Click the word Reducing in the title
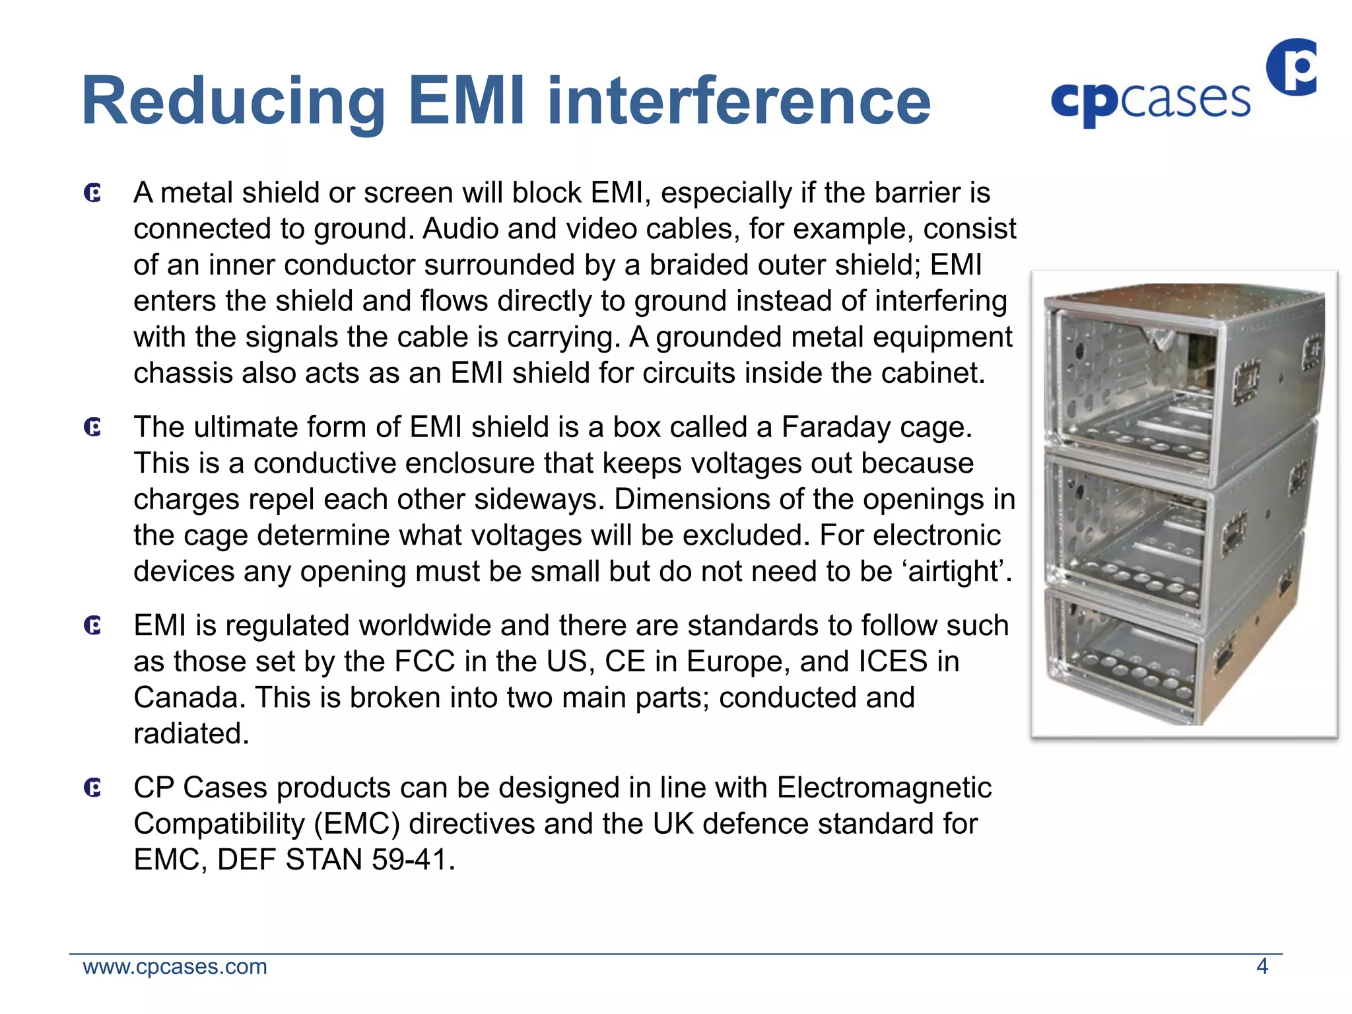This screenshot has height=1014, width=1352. [x=232, y=102]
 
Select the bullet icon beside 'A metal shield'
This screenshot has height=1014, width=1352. [x=93, y=193]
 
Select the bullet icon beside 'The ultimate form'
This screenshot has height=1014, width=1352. [x=93, y=428]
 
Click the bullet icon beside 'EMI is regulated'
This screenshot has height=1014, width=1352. [x=93, y=626]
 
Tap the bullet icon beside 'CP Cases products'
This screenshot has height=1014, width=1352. [x=93, y=788]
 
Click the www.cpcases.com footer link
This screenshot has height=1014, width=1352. [x=175, y=966]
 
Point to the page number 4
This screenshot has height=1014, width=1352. [x=1262, y=966]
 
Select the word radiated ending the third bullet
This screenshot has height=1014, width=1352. [x=191, y=734]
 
